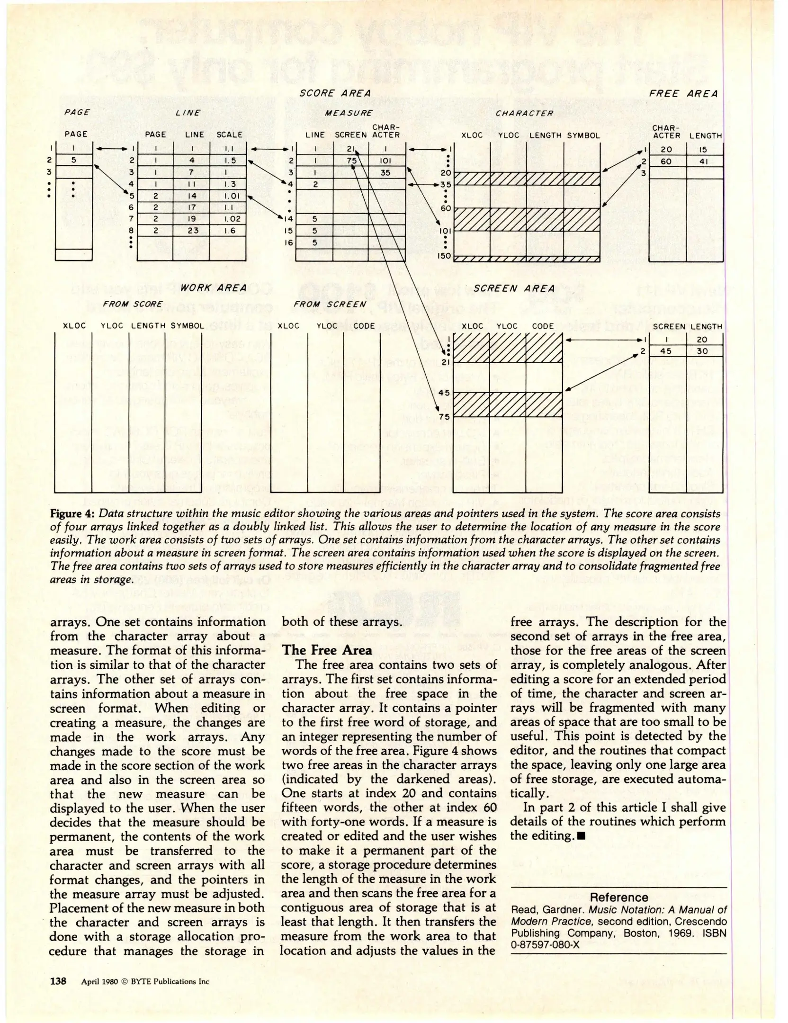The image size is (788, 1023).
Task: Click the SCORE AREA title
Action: pos(335,93)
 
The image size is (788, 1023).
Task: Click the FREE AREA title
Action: pos(683,94)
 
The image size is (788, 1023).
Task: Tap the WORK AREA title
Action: pos(213,287)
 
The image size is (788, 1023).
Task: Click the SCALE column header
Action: pos(229,135)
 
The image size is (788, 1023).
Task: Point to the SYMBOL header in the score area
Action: pos(583,135)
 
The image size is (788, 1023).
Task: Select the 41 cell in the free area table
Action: pos(704,162)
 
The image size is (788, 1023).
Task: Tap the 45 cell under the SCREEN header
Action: pos(666,351)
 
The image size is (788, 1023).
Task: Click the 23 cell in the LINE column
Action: pos(191,231)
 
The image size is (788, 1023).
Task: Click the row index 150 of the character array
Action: pos(445,256)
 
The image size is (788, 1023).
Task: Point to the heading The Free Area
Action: pos(327,650)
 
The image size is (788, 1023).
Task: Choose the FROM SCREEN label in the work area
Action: pos(330,304)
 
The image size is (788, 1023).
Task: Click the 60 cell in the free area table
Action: pos(666,162)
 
